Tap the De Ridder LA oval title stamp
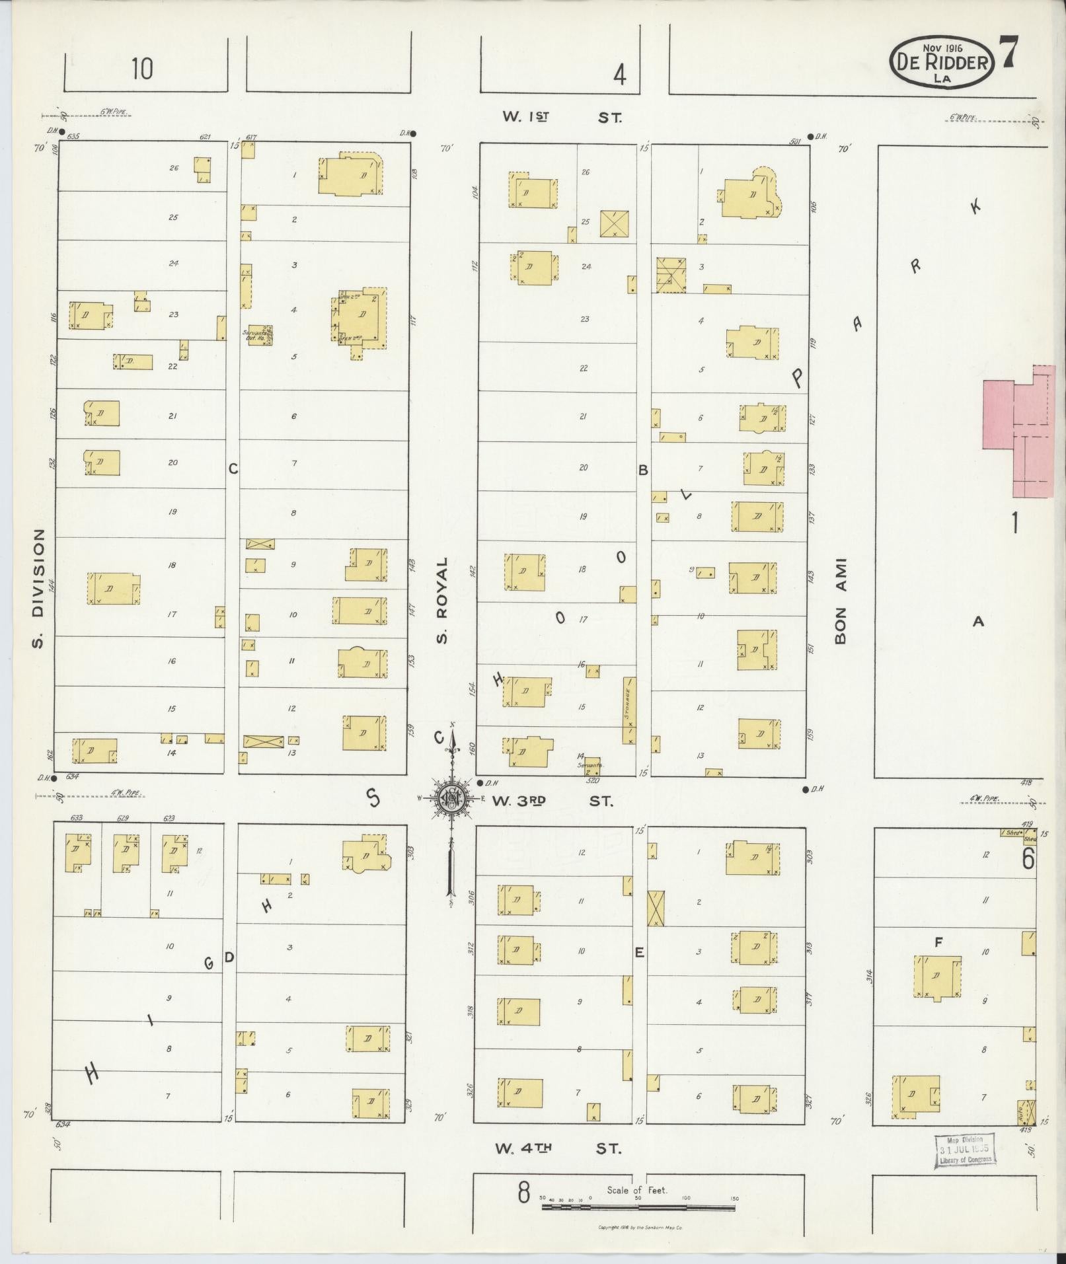943,62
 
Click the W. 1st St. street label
562,118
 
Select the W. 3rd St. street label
552,801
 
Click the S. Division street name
38,588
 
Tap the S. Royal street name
442,600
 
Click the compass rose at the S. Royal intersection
451,799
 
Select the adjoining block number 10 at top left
141,69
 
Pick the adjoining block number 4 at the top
619,76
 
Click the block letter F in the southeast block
937,944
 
